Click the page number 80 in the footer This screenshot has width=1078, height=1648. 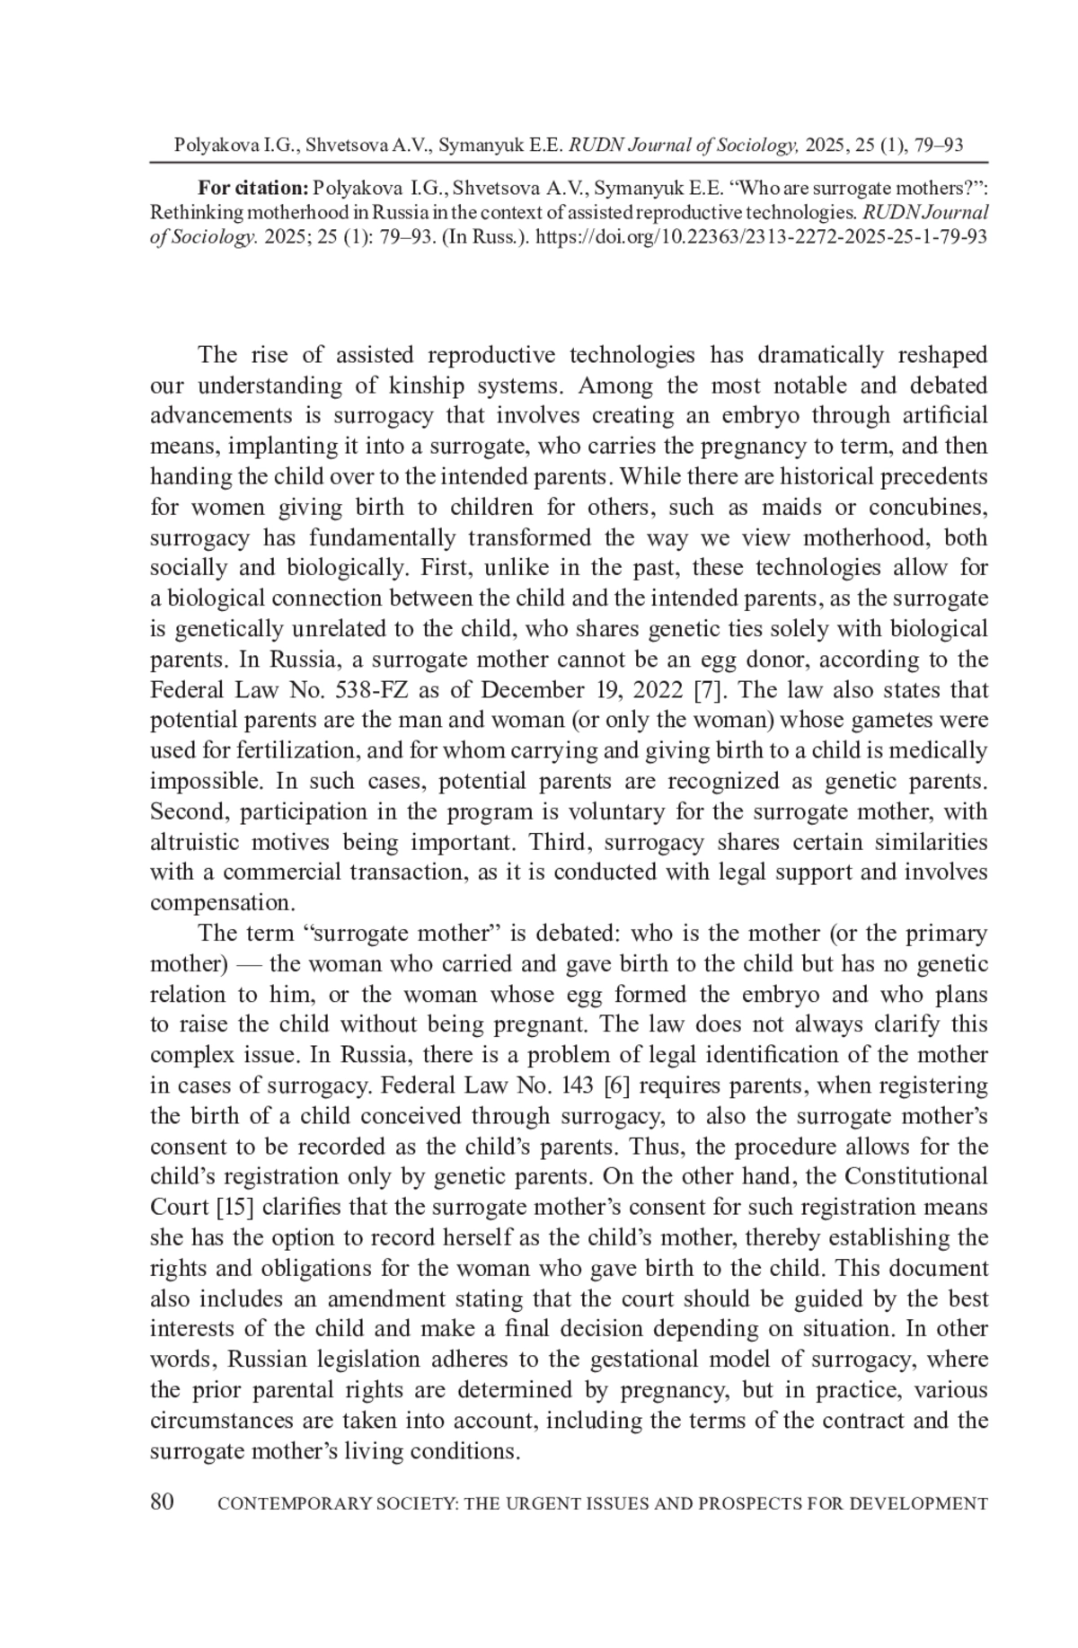[162, 1502]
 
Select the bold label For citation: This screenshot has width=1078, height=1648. [253, 189]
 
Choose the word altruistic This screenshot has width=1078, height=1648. [194, 843]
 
